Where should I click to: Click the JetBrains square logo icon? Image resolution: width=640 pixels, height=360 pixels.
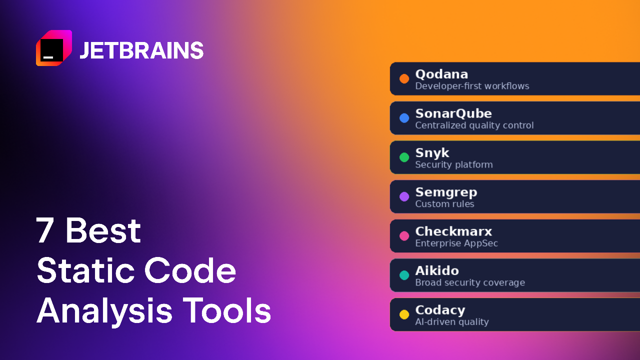[x=54, y=48]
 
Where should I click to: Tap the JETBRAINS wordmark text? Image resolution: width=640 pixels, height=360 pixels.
[x=141, y=50]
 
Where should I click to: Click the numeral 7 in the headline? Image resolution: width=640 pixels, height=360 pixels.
[x=45, y=230]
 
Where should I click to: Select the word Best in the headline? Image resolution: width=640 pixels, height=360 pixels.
[x=103, y=230]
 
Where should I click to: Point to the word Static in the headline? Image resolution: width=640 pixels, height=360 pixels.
[x=85, y=270]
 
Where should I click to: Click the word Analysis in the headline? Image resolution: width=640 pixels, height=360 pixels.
[x=104, y=311]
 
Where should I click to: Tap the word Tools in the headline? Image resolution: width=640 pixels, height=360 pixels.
[x=227, y=310]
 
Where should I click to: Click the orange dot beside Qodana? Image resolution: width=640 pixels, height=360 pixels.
[x=404, y=78]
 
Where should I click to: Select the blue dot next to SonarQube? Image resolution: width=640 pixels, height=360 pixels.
[x=404, y=118]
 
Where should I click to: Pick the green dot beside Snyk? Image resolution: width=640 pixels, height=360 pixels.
[x=404, y=157]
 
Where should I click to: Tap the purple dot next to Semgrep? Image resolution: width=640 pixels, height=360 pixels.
[x=404, y=196]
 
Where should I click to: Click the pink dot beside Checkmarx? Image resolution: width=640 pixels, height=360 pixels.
[x=404, y=236]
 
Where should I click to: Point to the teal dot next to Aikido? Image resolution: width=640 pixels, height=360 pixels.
[x=404, y=275]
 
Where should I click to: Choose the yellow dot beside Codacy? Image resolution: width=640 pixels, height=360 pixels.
[x=404, y=314]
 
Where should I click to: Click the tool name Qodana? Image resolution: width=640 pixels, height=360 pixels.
[x=441, y=74]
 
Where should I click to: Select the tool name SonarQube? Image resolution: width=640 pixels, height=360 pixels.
[x=453, y=113]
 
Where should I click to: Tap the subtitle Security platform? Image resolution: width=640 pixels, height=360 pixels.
[x=454, y=165]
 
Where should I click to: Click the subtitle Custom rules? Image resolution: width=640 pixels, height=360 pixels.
[x=444, y=204]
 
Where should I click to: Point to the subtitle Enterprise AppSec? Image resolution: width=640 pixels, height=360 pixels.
[x=456, y=243]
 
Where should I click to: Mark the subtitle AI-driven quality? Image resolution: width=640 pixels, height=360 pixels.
[x=452, y=322]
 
